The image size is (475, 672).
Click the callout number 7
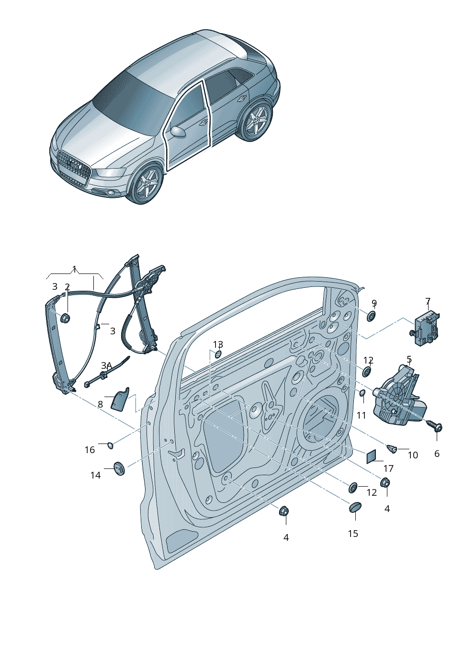(x=428, y=301)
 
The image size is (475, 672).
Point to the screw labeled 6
(x=436, y=427)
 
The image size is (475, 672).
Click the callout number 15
(x=353, y=534)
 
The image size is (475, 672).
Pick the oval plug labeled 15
(x=355, y=506)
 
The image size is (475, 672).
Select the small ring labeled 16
(x=110, y=446)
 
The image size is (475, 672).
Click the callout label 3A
(x=106, y=365)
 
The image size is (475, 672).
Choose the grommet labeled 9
(x=372, y=316)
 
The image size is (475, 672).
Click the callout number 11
(x=361, y=415)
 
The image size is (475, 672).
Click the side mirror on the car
(x=179, y=131)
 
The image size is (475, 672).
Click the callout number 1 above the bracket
(x=74, y=269)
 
